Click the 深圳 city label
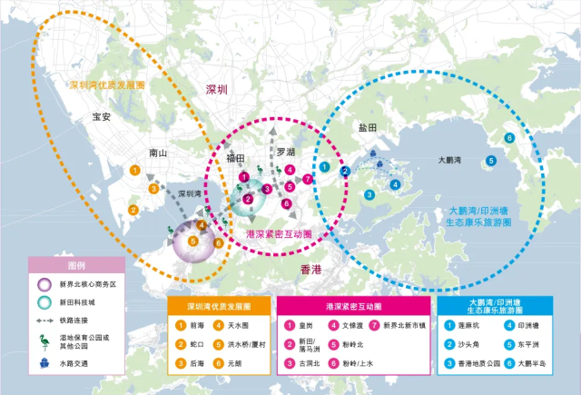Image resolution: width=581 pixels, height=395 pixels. [x=217, y=90]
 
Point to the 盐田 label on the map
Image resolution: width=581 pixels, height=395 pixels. [x=368, y=130]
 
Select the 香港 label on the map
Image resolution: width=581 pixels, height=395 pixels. [x=310, y=270]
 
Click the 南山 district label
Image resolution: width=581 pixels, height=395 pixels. [x=157, y=153]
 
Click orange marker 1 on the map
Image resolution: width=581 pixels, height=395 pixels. [x=134, y=170]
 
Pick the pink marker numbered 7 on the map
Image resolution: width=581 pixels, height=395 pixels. [x=309, y=180]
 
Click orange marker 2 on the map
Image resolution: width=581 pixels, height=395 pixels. [x=133, y=210]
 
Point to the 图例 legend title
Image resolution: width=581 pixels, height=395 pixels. [x=76, y=265]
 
